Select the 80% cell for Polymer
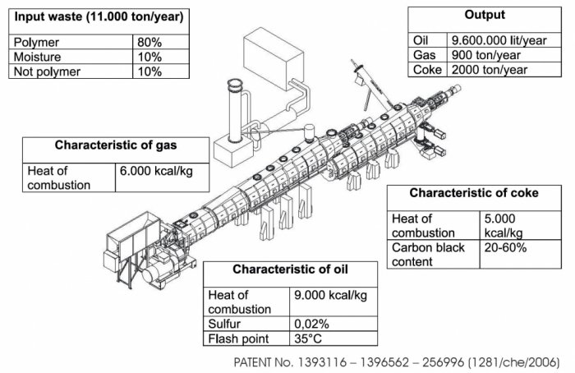(149, 42)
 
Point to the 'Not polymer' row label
(47, 71)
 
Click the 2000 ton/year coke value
(490, 69)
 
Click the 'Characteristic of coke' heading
(474, 193)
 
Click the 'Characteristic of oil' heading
(292, 269)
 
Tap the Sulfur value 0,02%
(310, 324)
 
